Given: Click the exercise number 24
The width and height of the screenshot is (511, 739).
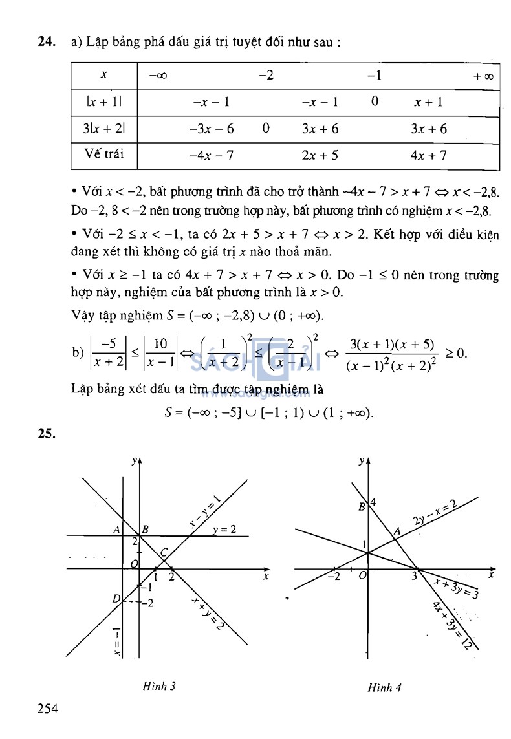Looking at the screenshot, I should (45, 43).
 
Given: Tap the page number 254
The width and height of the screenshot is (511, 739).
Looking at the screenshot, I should (47, 709).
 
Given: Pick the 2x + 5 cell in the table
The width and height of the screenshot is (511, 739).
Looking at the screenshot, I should (320, 155).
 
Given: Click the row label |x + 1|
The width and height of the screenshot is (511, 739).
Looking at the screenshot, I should (103, 102).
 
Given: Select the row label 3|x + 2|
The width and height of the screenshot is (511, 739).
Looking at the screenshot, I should (103, 129).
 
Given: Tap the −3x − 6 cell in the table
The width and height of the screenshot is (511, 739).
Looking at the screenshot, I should (212, 129).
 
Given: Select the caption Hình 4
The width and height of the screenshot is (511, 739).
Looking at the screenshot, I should (385, 687).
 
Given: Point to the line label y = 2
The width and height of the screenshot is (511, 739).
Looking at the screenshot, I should (224, 530).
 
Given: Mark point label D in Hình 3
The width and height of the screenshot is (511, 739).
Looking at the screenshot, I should (116, 599).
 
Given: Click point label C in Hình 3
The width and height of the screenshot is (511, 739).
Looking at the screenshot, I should (164, 552).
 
